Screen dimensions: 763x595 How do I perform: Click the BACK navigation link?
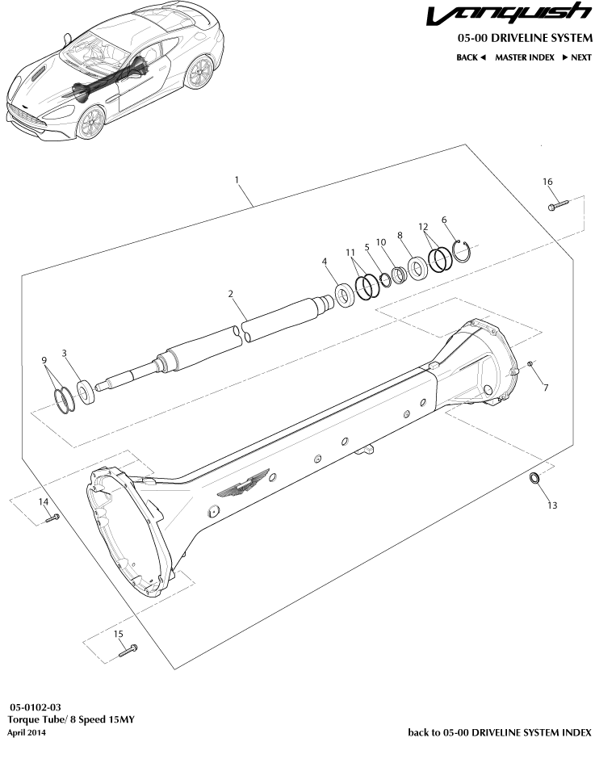point(471,57)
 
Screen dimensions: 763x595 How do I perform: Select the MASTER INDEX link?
point(524,57)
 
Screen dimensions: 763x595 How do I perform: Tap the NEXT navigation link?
point(576,57)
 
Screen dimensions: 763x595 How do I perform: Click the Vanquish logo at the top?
point(509,15)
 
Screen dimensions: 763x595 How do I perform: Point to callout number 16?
point(547,182)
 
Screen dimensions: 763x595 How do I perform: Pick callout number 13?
point(552,505)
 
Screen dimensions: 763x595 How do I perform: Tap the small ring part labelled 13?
point(534,481)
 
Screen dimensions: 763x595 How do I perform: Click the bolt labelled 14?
point(52,518)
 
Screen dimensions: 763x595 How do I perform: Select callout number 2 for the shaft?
point(231,296)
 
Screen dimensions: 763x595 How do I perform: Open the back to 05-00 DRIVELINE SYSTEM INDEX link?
point(500,732)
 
